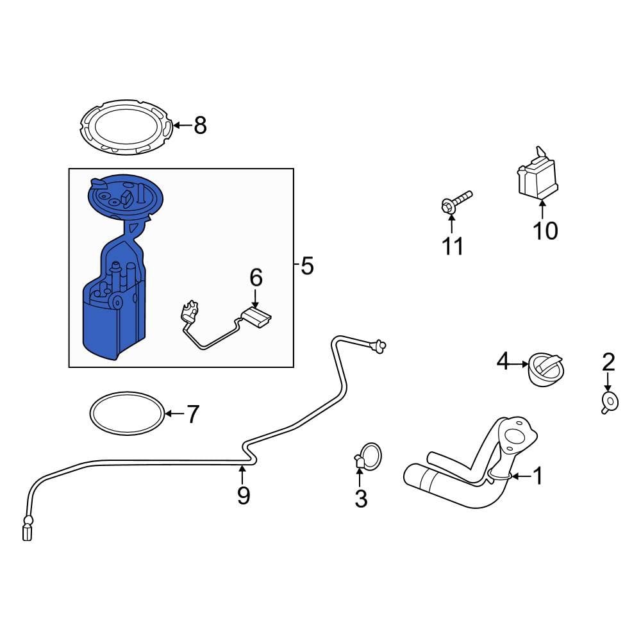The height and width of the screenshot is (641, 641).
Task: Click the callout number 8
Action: coord(200,126)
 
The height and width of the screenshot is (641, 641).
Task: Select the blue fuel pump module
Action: coord(115,308)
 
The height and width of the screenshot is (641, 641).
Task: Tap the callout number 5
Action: coord(307,265)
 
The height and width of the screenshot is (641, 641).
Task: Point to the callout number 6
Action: coord(256,278)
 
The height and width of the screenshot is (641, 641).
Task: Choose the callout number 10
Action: coord(545,230)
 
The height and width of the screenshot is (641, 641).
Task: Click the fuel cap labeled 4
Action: coord(545,369)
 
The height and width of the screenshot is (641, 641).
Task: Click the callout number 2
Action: coord(608,363)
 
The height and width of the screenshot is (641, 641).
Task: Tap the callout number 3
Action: coord(361,498)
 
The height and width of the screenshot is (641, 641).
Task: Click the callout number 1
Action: coord(537,476)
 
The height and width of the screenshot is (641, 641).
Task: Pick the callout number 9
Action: coord(243,495)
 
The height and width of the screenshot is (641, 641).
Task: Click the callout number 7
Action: coord(193,414)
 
